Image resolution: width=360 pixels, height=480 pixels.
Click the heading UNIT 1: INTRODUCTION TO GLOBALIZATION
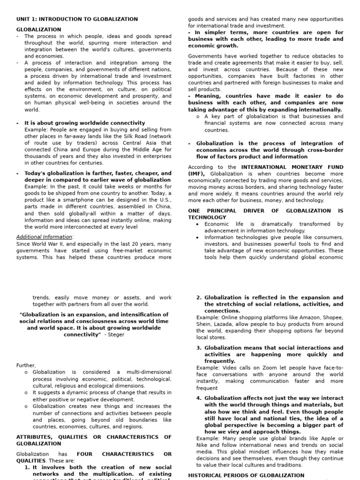(77, 19)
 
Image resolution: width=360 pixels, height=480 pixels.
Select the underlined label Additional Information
(45, 237)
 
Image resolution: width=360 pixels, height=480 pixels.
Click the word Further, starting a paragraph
(26, 365)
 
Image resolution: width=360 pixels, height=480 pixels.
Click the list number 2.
(199, 297)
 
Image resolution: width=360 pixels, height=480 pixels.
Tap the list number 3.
(199, 348)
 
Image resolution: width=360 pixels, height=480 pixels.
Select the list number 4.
(199, 398)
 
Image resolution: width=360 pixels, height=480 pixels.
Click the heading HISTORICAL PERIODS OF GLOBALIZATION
(246, 475)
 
